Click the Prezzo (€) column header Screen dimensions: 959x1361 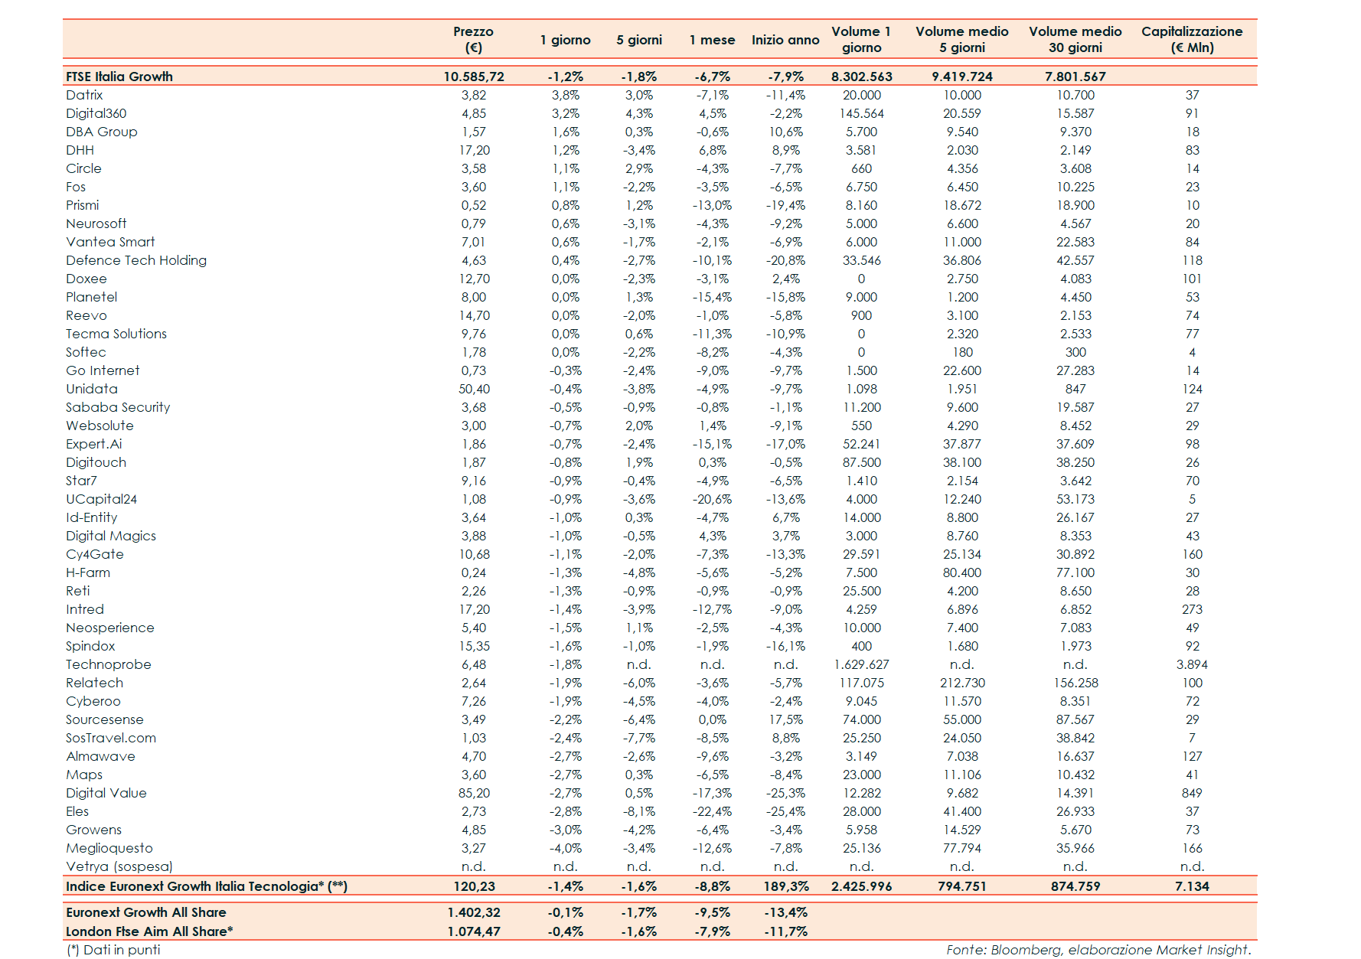tap(473, 39)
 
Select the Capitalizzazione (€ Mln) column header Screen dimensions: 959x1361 tap(1191, 39)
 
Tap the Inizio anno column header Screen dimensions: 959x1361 tap(785, 40)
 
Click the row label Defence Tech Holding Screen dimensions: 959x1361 tap(136, 260)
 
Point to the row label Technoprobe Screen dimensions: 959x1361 tap(109, 664)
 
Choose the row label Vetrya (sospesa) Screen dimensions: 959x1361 tap(119, 866)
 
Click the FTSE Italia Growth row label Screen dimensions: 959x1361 tap(119, 77)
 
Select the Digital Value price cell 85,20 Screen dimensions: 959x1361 tap(474, 793)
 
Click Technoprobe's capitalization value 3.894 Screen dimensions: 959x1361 tap(1191, 664)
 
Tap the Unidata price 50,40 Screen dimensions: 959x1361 tap(474, 389)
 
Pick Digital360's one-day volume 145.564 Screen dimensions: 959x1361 tap(861, 113)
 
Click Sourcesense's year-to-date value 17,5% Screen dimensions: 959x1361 tap(785, 719)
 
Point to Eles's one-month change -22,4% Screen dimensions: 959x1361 tap(712, 811)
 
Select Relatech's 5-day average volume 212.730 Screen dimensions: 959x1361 tap(962, 683)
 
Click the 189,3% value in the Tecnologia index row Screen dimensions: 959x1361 tap(785, 886)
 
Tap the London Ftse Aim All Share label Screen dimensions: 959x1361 tap(149, 931)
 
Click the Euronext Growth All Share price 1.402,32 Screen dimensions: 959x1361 tap(473, 912)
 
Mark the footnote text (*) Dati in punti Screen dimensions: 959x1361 tap(113, 950)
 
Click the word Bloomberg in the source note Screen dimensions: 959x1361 tap(1025, 950)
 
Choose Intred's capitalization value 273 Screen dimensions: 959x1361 tap(1191, 609)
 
